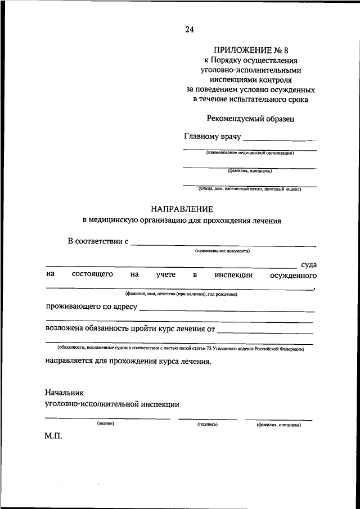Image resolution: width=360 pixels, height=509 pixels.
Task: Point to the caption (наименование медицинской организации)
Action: [x=250, y=152]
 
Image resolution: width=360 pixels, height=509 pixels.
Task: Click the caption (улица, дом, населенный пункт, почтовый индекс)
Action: [x=250, y=189]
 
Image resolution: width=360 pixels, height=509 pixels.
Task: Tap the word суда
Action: [x=308, y=264]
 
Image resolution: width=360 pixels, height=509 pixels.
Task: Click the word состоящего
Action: [x=92, y=275]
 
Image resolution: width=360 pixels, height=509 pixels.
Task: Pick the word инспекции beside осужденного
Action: [x=233, y=275]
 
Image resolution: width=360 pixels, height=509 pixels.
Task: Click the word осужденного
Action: [x=293, y=275]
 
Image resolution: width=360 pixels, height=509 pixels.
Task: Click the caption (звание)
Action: [x=105, y=424]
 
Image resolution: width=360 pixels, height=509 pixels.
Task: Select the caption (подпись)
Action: [x=208, y=425]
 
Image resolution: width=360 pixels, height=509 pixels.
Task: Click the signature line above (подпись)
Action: [x=208, y=419]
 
